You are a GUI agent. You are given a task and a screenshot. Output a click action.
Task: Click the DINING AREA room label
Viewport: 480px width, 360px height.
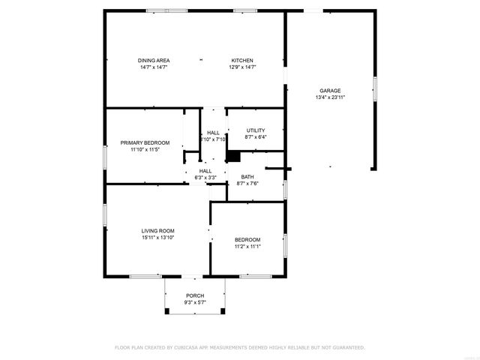tap(153, 61)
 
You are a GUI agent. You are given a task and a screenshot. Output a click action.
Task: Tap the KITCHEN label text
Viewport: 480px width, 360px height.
tap(241, 61)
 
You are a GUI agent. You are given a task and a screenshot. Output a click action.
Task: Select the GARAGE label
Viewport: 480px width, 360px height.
tap(330, 90)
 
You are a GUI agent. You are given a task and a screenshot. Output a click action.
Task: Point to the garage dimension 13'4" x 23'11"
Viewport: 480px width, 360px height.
tap(330, 97)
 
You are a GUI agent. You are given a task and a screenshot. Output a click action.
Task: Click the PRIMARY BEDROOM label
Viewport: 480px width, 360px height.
tap(145, 142)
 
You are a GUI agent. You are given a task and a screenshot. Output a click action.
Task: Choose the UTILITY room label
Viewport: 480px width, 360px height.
tap(256, 130)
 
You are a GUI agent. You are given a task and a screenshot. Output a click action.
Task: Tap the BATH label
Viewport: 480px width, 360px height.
tap(247, 177)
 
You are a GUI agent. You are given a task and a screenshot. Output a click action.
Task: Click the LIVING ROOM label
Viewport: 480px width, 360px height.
tap(157, 230)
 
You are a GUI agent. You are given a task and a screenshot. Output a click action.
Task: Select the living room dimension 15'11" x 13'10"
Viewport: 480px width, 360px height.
tap(157, 237)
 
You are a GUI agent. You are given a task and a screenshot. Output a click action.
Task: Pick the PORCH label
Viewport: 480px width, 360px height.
tap(195, 295)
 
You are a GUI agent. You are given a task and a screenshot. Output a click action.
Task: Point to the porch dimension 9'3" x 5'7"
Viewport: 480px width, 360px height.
tap(195, 302)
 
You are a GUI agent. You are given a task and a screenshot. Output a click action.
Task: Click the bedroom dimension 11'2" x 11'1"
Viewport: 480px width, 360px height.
tap(247, 246)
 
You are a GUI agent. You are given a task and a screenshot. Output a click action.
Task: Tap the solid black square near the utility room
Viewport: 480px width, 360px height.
tap(233, 156)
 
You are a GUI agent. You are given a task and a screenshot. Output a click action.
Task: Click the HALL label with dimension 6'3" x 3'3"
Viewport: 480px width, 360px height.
tap(205, 171)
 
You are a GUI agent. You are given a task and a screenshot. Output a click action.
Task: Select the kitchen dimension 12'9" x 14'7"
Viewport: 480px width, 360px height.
tap(241, 67)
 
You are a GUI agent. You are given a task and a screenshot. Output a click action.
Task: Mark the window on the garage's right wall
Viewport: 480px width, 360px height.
tap(375, 88)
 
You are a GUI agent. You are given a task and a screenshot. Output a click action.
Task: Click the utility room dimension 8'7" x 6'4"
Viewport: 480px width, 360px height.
tap(256, 137)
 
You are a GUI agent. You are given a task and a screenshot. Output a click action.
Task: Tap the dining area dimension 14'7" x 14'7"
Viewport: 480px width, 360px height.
tap(153, 67)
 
